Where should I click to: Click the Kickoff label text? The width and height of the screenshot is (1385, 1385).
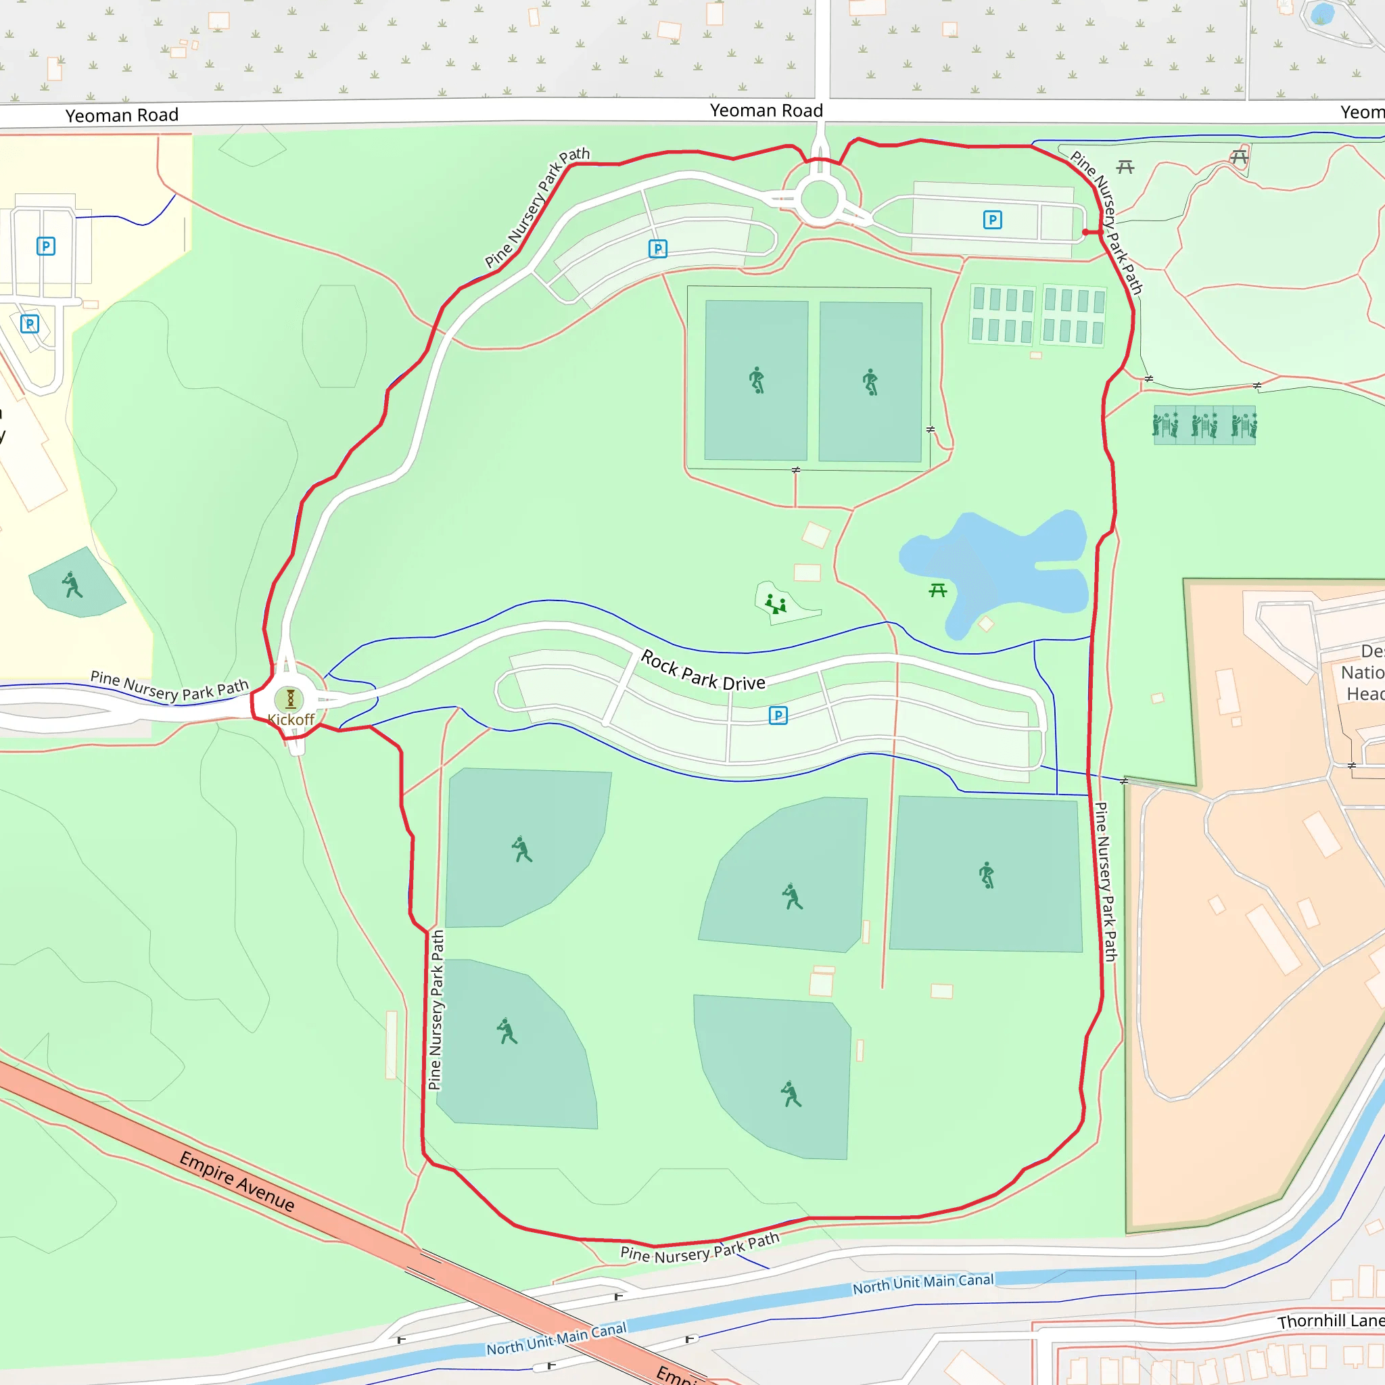coord(290,719)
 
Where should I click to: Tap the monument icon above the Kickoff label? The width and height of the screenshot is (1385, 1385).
coord(290,698)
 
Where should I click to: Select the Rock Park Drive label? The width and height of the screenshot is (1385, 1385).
coord(703,670)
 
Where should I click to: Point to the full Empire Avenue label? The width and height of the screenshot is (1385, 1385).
coord(237,1181)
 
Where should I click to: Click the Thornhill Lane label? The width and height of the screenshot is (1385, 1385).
coord(1330,1321)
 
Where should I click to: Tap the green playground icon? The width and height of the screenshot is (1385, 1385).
coord(776,604)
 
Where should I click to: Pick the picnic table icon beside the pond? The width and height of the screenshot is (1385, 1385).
coord(938,590)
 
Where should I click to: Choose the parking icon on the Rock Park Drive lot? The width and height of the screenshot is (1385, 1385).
coord(778,715)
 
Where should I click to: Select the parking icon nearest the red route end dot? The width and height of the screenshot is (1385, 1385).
coord(992,219)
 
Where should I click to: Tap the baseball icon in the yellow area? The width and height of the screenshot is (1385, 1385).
coord(72,584)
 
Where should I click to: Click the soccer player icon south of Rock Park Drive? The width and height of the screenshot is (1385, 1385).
coord(987,874)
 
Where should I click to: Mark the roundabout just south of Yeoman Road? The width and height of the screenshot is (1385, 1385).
coord(820,199)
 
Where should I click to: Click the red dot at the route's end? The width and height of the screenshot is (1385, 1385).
coord(1085,232)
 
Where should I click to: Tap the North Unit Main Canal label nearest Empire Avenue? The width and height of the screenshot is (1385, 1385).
coord(557,1338)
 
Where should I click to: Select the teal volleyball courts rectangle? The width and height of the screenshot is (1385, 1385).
coord(1204,425)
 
